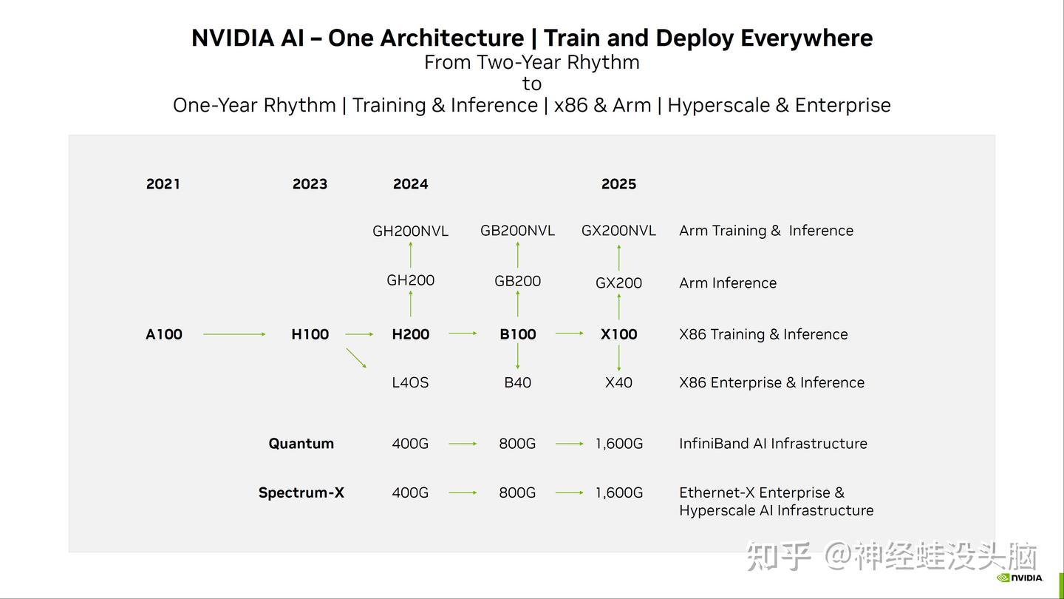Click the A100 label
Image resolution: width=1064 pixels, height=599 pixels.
click(163, 334)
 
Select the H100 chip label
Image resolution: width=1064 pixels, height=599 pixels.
click(310, 334)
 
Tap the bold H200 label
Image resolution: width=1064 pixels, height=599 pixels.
click(410, 334)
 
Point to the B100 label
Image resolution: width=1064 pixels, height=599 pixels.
click(517, 334)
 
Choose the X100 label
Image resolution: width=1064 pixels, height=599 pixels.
click(618, 334)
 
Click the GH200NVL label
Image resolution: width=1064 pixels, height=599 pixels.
click(410, 231)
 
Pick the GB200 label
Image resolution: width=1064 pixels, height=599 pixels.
click(517, 281)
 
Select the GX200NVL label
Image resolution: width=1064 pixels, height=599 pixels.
click(618, 231)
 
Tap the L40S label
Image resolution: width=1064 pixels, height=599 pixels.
click(410, 382)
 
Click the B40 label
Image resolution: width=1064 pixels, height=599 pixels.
click(517, 382)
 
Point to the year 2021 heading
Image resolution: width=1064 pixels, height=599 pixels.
click(163, 184)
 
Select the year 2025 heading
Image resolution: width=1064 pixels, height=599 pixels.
click(618, 184)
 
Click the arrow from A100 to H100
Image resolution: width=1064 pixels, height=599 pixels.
click(234, 334)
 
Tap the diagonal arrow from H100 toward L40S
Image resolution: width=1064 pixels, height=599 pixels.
click(356, 358)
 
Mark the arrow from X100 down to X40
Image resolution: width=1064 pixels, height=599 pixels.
click(618, 358)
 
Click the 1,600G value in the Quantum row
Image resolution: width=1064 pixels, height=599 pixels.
click(618, 444)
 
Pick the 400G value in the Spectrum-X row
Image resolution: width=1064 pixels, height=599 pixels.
click(410, 493)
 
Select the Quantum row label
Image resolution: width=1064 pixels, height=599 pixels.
click(301, 444)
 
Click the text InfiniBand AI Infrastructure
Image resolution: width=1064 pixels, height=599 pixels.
click(773, 444)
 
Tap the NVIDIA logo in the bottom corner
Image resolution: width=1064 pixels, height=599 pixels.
click(1020, 578)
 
